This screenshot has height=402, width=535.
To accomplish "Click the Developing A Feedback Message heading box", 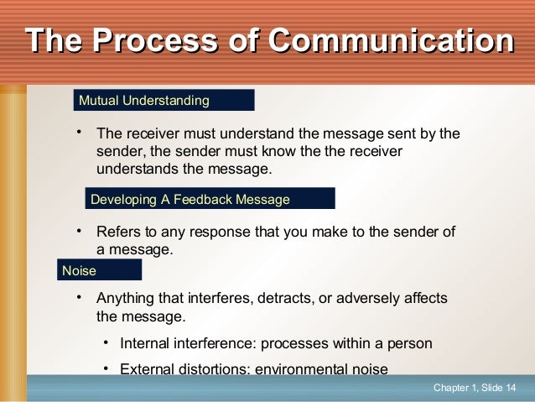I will tap(210, 199).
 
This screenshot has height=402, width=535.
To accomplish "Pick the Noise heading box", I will tap(100, 270).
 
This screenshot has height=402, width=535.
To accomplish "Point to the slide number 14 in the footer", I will tap(511, 387).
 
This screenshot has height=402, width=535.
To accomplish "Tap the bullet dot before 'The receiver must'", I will tap(77, 133).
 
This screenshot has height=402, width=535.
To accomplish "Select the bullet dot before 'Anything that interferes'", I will tap(77, 298).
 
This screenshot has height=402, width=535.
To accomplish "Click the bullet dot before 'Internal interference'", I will tap(106, 342).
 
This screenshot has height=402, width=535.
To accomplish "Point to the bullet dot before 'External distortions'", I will tap(106, 368).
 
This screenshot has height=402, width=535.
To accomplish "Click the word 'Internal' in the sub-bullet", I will tap(145, 343).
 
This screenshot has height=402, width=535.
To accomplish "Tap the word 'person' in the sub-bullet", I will tap(410, 343).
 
